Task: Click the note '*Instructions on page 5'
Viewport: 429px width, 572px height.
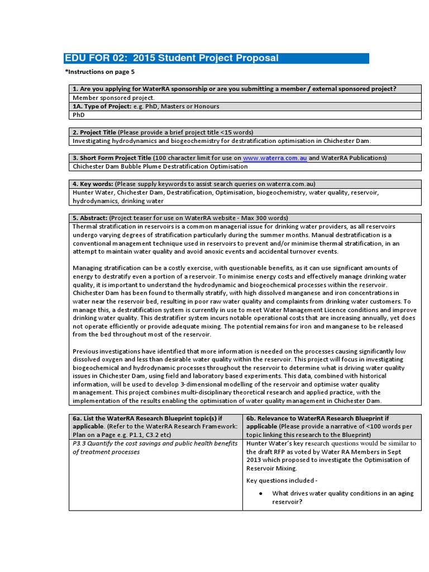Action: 100,72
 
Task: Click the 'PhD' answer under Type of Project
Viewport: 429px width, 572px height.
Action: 78,115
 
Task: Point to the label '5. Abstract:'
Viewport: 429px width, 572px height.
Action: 90,218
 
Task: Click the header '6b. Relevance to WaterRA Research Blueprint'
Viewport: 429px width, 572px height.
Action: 317,418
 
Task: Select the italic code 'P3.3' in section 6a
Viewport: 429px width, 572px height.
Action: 79,444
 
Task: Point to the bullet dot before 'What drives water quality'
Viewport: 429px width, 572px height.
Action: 261,494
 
